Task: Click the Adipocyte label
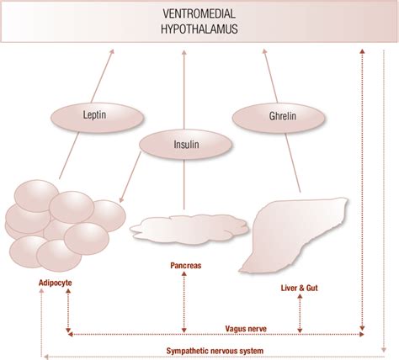click(x=55, y=283)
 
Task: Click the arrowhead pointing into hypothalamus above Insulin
click(x=184, y=52)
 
